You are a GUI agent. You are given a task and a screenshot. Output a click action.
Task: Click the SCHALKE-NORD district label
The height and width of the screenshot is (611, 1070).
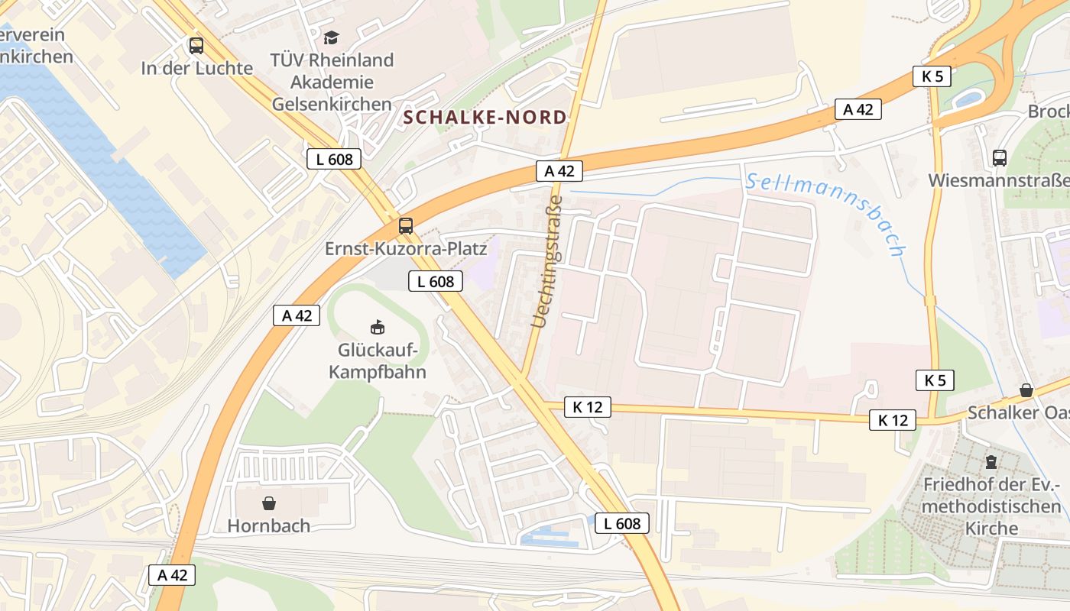coord(485,118)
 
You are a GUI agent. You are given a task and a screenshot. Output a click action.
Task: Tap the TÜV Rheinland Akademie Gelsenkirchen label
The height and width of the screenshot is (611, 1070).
coord(332,82)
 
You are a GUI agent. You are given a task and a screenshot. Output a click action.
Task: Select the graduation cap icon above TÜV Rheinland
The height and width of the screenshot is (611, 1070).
coord(331,37)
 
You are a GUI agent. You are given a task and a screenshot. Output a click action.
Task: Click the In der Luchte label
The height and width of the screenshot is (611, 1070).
coord(196,68)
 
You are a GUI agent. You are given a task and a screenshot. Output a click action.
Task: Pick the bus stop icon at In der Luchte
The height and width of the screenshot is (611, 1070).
coord(196,46)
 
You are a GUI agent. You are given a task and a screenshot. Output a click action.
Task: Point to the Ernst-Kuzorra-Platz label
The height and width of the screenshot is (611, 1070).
coord(406,249)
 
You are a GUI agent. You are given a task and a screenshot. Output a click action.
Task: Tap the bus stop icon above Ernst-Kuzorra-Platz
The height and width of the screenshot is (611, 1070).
coord(406,226)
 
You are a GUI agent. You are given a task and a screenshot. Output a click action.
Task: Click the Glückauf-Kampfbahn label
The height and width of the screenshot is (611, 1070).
coord(378,361)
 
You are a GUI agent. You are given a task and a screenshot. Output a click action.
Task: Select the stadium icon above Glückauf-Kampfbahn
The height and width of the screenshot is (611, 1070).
coord(377,328)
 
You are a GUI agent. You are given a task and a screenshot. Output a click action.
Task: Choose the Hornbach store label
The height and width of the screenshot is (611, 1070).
coord(269,525)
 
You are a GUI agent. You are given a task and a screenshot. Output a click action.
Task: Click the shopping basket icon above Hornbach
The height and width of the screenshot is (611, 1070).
coord(269,503)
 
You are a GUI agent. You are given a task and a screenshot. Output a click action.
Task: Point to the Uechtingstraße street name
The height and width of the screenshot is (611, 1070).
coord(547,262)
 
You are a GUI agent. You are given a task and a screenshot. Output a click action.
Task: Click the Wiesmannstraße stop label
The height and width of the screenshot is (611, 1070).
coord(998,181)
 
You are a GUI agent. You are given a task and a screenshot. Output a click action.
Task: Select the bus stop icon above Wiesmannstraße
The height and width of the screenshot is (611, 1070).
coord(999,158)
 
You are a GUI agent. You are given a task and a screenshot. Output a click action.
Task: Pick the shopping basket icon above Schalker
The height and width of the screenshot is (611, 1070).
coord(1026,390)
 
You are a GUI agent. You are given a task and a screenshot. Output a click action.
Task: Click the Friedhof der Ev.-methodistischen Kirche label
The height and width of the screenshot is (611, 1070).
coord(992,506)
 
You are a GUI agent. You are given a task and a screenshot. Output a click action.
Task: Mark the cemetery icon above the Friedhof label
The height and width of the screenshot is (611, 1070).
coord(991,462)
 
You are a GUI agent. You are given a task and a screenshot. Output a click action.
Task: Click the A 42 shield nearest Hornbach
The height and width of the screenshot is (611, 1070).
coord(172,575)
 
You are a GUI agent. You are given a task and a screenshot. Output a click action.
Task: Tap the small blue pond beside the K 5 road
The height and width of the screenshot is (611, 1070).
coord(969,99)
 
